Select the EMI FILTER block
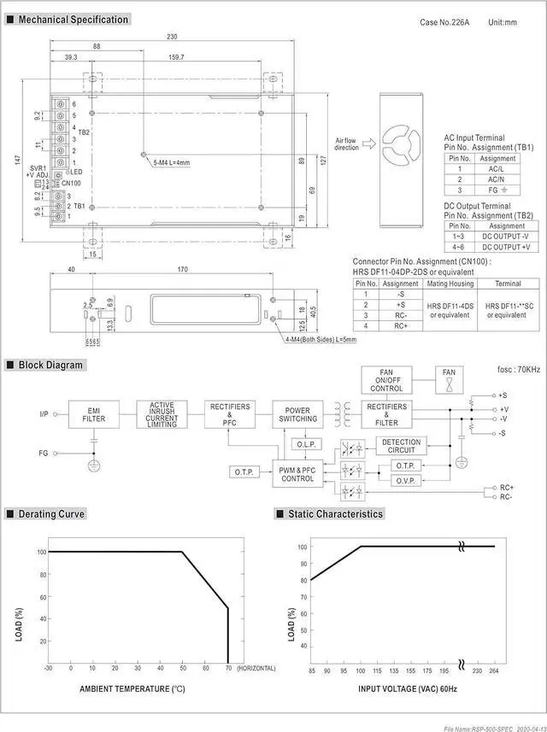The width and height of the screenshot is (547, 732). click(93, 414)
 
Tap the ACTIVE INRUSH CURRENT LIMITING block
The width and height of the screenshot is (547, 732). click(162, 414)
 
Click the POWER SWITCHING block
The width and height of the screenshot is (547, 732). click(297, 414)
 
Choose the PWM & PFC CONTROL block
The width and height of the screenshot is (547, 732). click(297, 472)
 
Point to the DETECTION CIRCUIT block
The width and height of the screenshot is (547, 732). click(401, 445)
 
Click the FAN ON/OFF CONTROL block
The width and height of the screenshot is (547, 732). click(386, 380)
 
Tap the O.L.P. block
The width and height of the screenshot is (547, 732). click(304, 445)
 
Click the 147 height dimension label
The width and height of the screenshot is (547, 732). click(17, 160)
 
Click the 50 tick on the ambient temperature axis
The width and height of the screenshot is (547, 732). click(181, 667)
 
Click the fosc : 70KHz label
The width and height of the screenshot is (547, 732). click(518, 370)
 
